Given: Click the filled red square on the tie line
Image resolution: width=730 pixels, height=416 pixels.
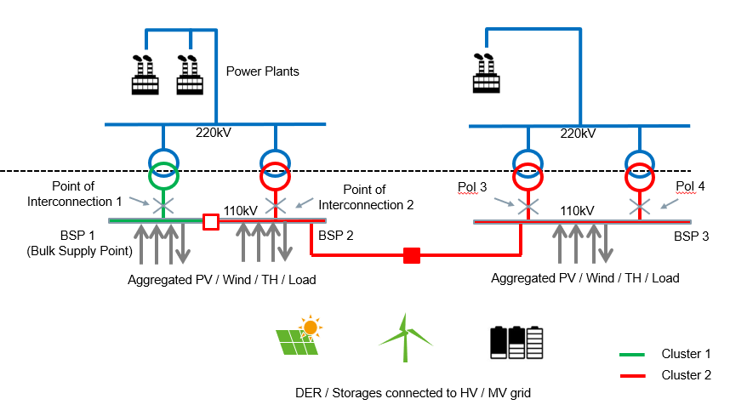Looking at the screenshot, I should [x=412, y=254].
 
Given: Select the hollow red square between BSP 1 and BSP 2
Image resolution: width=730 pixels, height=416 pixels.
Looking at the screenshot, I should [x=211, y=222].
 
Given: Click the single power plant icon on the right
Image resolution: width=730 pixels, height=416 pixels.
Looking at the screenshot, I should [x=486, y=73].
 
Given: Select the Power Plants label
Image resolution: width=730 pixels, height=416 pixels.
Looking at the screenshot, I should [x=262, y=71].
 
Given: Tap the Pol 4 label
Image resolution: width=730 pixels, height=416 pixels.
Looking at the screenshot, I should [x=691, y=186].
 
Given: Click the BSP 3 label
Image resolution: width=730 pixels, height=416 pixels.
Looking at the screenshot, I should [x=691, y=236].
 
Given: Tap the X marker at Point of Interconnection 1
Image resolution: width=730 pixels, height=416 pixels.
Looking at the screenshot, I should [x=163, y=205].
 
